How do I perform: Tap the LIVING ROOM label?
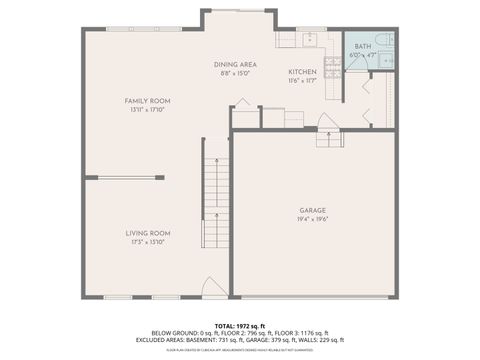(x=145, y=233)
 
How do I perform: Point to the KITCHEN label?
(x=302, y=73)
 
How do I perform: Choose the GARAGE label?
(x=313, y=210)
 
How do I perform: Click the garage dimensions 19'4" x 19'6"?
(x=313, y=219)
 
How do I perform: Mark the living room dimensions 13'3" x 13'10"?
(x=145, y=242)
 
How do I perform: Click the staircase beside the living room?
(x=216, y=205)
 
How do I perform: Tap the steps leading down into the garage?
(x=329, y=137)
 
